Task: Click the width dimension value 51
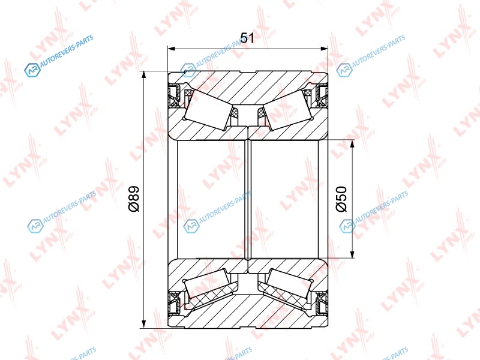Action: tap(247, 38)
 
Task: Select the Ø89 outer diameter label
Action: tap(134, 199)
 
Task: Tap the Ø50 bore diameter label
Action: tap(341, 199)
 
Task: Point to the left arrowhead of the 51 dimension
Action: tap(172, 49)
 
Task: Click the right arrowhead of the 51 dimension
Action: tap(324, 49)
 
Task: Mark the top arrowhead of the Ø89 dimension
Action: tap(143, 75)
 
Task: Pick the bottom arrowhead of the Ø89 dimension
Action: tap(143, 325)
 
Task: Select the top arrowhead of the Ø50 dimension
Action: tap(352, 143)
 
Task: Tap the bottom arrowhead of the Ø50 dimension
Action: tap(352, 254)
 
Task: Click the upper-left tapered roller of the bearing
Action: tap(208, 110)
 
